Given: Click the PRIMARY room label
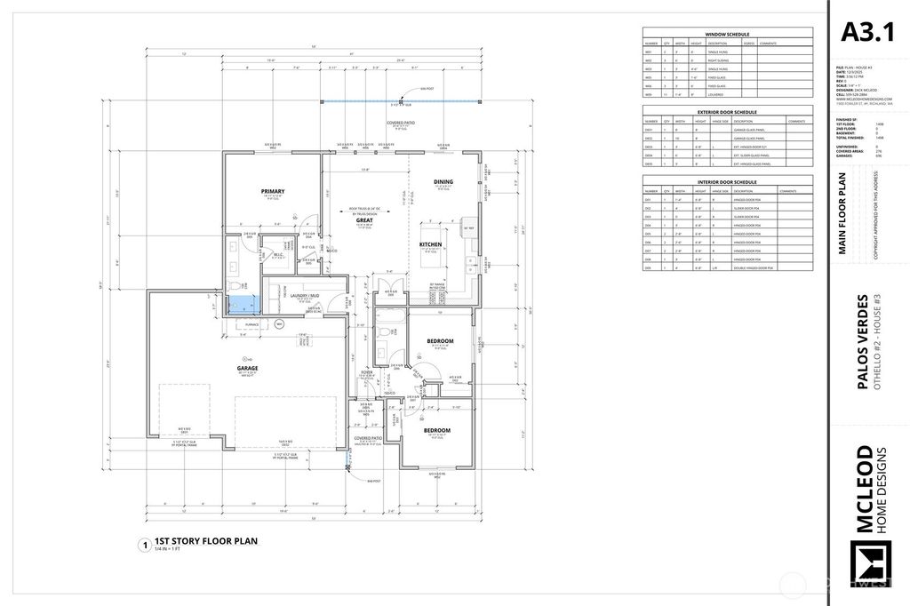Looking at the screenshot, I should (273, 192).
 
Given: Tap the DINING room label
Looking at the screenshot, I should (443, 182).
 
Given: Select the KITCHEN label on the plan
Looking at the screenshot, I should (431, 244).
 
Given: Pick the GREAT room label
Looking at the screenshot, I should (364, 219).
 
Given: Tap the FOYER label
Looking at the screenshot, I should (364, 372).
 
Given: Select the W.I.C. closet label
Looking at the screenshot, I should (277, 254).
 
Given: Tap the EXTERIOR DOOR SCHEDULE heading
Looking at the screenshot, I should (727, 112).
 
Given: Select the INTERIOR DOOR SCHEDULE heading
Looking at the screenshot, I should (727, 182).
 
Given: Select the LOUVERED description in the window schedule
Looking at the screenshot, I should (716, 93).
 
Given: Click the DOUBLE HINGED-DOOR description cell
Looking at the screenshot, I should (753, 267).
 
